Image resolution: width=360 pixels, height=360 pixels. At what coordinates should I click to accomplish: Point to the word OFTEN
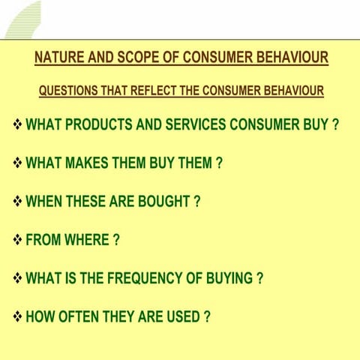(x=82, y=316)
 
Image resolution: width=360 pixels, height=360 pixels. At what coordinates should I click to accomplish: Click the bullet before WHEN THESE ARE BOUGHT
(x=18, y=202)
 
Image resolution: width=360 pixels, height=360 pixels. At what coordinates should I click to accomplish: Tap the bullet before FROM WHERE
(x=18, y=241)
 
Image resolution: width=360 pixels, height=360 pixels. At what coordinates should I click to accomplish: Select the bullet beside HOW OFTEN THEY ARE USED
(x=18, y=316)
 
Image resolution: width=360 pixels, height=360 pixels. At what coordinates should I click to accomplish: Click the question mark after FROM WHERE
(x=116, y=241)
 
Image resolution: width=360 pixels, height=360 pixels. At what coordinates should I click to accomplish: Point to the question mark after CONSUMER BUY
(x=335, y=124)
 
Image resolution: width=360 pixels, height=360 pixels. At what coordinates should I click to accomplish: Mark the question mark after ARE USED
(x=206, y=316)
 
